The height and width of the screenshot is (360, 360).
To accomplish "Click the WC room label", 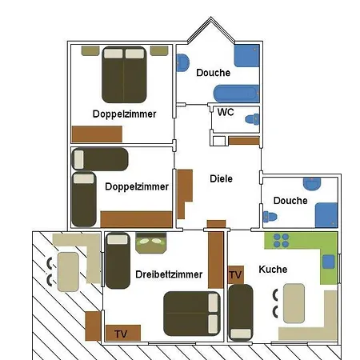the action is [226, 112].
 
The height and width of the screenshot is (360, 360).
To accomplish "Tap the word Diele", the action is [221, 178].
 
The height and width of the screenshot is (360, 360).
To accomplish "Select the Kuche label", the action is [273, 270].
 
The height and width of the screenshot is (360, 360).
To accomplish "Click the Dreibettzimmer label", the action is [169, 274].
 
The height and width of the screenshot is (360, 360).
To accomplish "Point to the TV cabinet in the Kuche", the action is [236, 275].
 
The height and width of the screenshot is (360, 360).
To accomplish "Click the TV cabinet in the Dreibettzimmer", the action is [123, 333].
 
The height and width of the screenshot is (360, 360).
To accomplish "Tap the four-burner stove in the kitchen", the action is [281, 240].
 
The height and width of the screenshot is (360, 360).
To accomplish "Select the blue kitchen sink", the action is [329, 262].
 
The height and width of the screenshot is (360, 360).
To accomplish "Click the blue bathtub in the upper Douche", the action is [236, 94].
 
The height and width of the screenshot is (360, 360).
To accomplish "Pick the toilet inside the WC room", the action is [252, 119].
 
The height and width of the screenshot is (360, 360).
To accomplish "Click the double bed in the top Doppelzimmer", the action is [124, 75].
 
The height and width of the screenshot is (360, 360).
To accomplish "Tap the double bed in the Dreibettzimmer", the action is [192, 314].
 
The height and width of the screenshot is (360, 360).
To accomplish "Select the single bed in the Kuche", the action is [241, 313].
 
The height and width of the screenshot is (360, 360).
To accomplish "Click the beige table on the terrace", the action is [68, 272].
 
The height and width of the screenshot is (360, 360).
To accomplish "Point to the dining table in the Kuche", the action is [294, 303].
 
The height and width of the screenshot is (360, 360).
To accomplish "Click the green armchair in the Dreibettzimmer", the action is [151, 242].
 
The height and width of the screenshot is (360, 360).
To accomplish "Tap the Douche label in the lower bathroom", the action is [290, 201].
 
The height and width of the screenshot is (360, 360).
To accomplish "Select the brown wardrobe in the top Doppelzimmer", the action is [97, 134].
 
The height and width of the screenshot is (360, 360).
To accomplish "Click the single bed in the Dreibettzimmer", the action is [118, 261].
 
